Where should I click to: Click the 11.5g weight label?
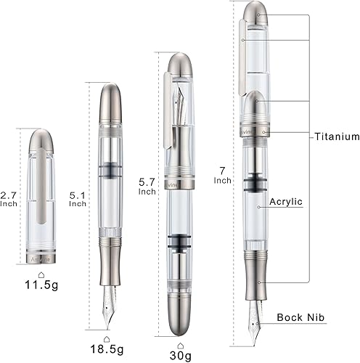[41, 285]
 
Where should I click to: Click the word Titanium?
[337, 136]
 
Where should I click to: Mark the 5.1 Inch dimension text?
[78, 199]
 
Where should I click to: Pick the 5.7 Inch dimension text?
[147, 187]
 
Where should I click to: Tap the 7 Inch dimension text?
[222, 176]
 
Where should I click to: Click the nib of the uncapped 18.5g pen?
[108, 301]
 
